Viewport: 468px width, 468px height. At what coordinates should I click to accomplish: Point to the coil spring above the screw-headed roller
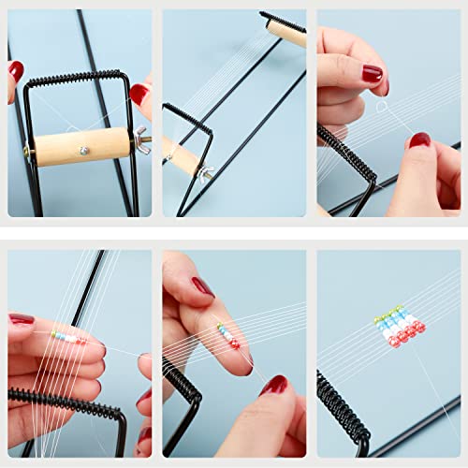(75, 78)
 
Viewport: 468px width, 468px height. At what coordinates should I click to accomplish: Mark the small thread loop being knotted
(382, 108)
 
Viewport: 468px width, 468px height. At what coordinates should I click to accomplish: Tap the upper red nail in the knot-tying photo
(372, 72)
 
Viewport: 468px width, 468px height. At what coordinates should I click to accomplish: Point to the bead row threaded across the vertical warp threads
(68, 336)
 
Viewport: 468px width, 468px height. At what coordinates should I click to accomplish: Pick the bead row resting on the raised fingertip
(227, 334)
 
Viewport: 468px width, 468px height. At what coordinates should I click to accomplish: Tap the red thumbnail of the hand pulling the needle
(274, 385)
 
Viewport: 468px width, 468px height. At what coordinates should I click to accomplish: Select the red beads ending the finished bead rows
(408, 333)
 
